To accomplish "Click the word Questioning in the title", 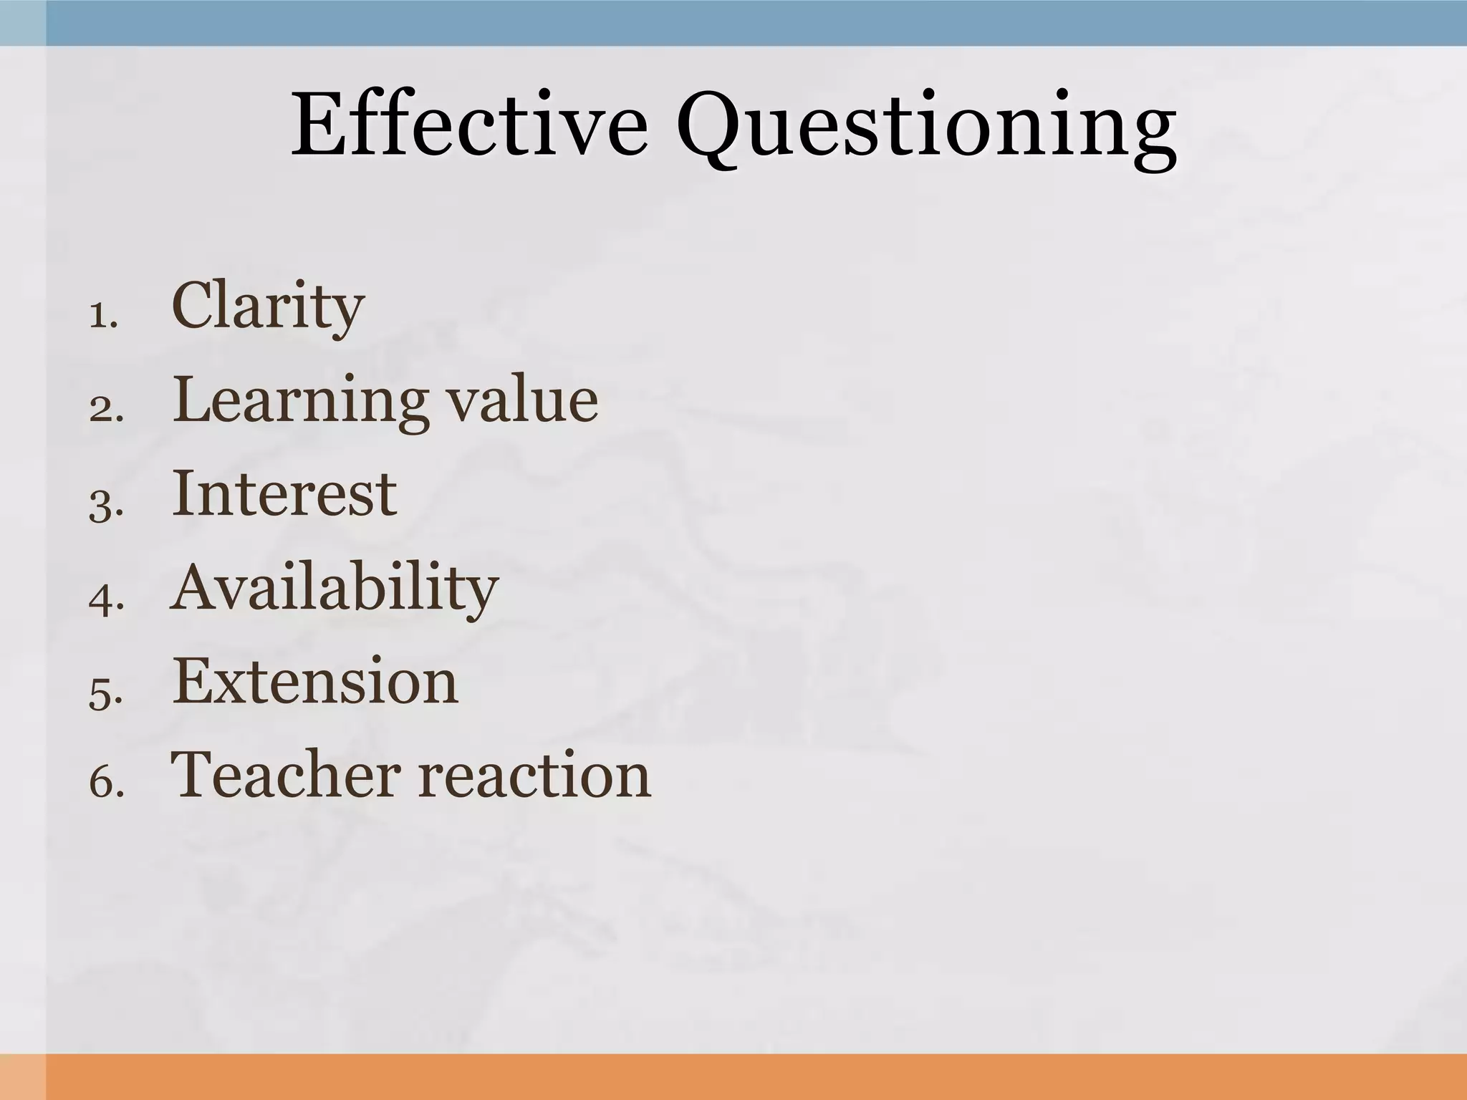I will click(x=926, y=129).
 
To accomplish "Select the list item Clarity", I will click(x=268, y=307).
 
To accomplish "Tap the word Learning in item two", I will click(x=300, y=401).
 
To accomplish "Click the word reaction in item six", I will click(x=534, y=776).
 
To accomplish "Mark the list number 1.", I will click(x=102, y=316).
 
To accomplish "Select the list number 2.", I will click(x=105, y=410).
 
